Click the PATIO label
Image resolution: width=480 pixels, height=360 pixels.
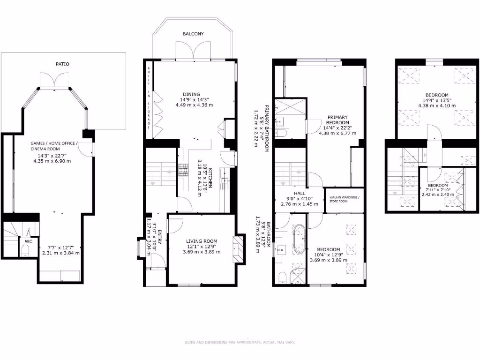[x=62, y=64]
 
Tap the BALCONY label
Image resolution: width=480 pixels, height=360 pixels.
[x=194, y=34]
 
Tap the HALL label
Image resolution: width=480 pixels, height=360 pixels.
[x=300, y=193]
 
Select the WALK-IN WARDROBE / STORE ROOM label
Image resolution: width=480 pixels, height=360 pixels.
[x=345, y=199]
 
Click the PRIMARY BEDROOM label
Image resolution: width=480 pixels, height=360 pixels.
[x=337, y=120]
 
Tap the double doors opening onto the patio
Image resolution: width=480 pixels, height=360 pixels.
[x=55, y=81]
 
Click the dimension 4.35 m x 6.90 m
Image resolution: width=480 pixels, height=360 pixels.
[x=52, y=161]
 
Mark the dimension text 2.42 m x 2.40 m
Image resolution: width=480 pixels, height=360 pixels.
[x=438, y=195]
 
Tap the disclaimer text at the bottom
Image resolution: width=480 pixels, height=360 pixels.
[x=240, y=342]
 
